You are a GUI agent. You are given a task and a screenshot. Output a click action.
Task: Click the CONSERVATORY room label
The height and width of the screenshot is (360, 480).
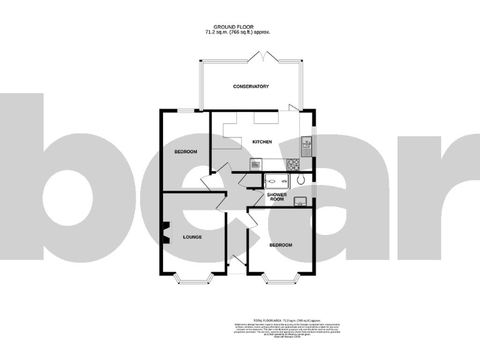pos(251,86)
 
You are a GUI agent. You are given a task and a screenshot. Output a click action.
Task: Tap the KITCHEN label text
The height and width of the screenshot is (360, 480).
pos(262,142)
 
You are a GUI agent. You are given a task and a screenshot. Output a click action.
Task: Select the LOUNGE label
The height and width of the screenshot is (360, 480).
pos(192,237)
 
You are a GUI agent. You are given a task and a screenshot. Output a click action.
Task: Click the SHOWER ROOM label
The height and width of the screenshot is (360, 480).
pos(277,198)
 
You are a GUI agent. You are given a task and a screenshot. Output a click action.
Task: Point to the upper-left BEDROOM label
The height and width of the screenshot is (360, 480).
pos(186,152)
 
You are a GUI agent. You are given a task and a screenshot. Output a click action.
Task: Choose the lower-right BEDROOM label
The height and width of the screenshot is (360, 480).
pos(281,244)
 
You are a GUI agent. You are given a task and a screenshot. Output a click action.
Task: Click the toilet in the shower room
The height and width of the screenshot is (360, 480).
pos(301,180)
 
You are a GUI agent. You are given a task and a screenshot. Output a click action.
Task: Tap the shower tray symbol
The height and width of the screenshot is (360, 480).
pos(276,181)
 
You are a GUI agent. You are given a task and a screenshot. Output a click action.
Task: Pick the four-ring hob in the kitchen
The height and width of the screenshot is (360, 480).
pos(294,164)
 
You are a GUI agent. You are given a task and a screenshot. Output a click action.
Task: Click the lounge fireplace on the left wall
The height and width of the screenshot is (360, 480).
pos(166,234)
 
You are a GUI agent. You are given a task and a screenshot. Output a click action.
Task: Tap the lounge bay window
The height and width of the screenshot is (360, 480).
pos(192,279)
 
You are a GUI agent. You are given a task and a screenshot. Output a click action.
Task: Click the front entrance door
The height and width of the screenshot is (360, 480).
pos(236,263)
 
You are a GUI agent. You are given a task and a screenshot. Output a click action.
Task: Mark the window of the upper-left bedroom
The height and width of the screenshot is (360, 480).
pos(185,111)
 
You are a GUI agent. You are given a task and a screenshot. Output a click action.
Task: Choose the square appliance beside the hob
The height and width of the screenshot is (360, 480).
pos(255,164)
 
